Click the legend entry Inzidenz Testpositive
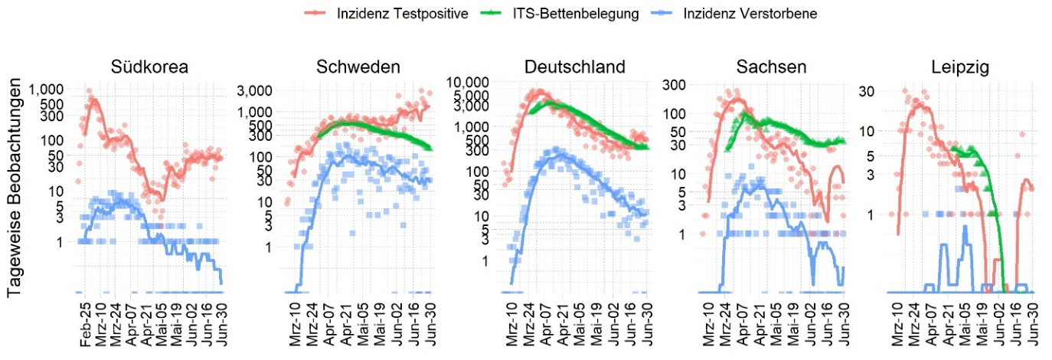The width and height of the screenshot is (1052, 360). click(x=402, y=15)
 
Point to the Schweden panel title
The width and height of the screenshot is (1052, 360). click(x=358, y=67)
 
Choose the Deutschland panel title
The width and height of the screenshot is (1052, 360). click(x=574, y=67)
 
